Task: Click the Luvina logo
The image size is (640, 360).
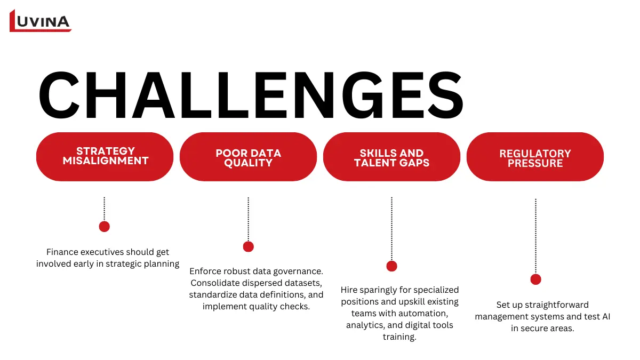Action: [40, 21]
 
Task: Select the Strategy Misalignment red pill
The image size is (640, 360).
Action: [105, 156]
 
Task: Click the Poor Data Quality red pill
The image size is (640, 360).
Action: [248, 158]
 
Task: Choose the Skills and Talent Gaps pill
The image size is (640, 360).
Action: [391, 158]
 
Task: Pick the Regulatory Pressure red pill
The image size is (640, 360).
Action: [535, 158]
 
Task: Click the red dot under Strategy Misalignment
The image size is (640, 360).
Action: [105, 227]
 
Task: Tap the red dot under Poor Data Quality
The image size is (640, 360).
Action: [248, 246]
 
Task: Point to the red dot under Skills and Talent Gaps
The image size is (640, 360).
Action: [391, 266]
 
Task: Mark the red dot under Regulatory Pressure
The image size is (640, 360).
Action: [535, 279]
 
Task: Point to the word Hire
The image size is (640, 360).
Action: [349, 290]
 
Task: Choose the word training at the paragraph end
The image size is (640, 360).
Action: [399, 337]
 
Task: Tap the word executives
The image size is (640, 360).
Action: [103, 252]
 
